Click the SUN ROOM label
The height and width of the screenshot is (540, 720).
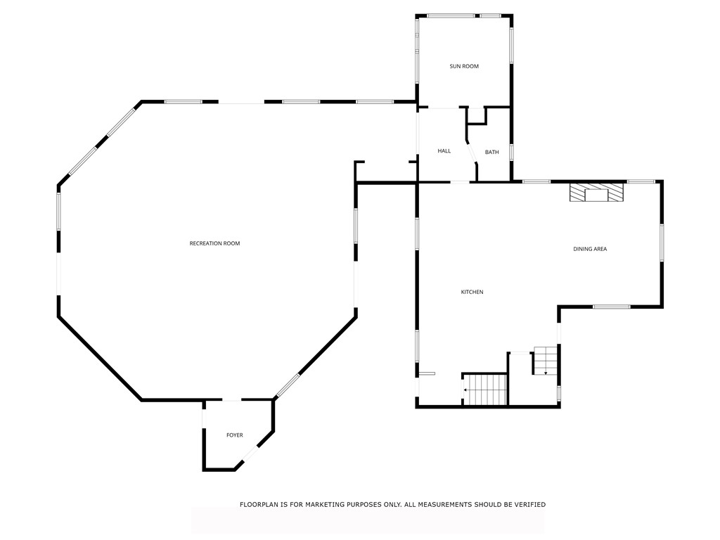point(464,66)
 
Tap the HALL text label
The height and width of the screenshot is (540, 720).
point(444,151)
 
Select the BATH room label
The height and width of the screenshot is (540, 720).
point(491,152)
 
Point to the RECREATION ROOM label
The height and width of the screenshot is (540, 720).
point(214,243)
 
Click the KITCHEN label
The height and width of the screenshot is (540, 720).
point(472,292)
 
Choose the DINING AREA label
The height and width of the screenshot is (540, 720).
point(590,249)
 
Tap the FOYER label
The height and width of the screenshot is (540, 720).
point(234,435)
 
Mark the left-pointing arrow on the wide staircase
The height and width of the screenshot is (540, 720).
point(465,389)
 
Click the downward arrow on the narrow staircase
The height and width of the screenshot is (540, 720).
point(546,372)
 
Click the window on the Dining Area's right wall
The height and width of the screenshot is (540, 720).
point(662,243)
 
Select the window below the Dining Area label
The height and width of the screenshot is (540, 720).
point(611,307)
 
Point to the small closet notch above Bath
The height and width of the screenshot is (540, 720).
point(477,116)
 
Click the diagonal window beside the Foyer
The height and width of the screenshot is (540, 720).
point(288,385)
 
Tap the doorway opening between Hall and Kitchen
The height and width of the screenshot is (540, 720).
point(460,182)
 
